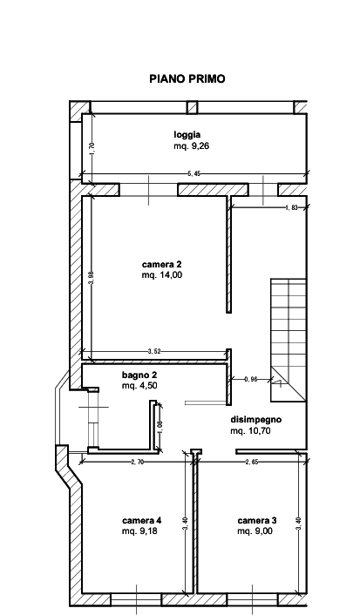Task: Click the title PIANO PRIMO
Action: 187,79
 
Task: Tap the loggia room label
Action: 187,135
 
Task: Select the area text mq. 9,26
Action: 192,146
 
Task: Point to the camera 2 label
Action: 162,264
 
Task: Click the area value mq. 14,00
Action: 162,275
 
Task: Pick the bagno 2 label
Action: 139,375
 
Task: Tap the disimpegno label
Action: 256,420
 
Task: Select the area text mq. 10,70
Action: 251,431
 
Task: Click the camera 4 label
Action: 142,520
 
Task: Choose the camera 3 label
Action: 257,520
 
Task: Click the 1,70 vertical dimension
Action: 92,147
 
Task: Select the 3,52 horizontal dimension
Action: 154,352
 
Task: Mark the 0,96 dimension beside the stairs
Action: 251,379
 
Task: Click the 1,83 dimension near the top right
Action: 292,207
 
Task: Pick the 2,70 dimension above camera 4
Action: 138,462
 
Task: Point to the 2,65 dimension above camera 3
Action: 252,462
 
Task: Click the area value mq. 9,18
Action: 139,531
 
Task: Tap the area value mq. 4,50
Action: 139,386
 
